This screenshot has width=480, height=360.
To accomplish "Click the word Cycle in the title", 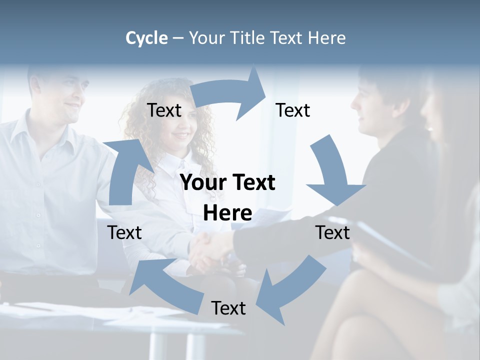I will [146, 38].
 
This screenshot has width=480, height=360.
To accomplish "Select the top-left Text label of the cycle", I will [164, 110].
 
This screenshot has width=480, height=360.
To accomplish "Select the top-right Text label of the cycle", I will [293, 110].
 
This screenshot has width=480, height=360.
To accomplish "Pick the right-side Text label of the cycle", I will [332, 232].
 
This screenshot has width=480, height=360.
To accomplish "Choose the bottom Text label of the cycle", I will [228, 308].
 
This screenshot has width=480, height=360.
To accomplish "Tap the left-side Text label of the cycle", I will [124, 232].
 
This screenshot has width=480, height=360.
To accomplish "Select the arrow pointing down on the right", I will [332, 172].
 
